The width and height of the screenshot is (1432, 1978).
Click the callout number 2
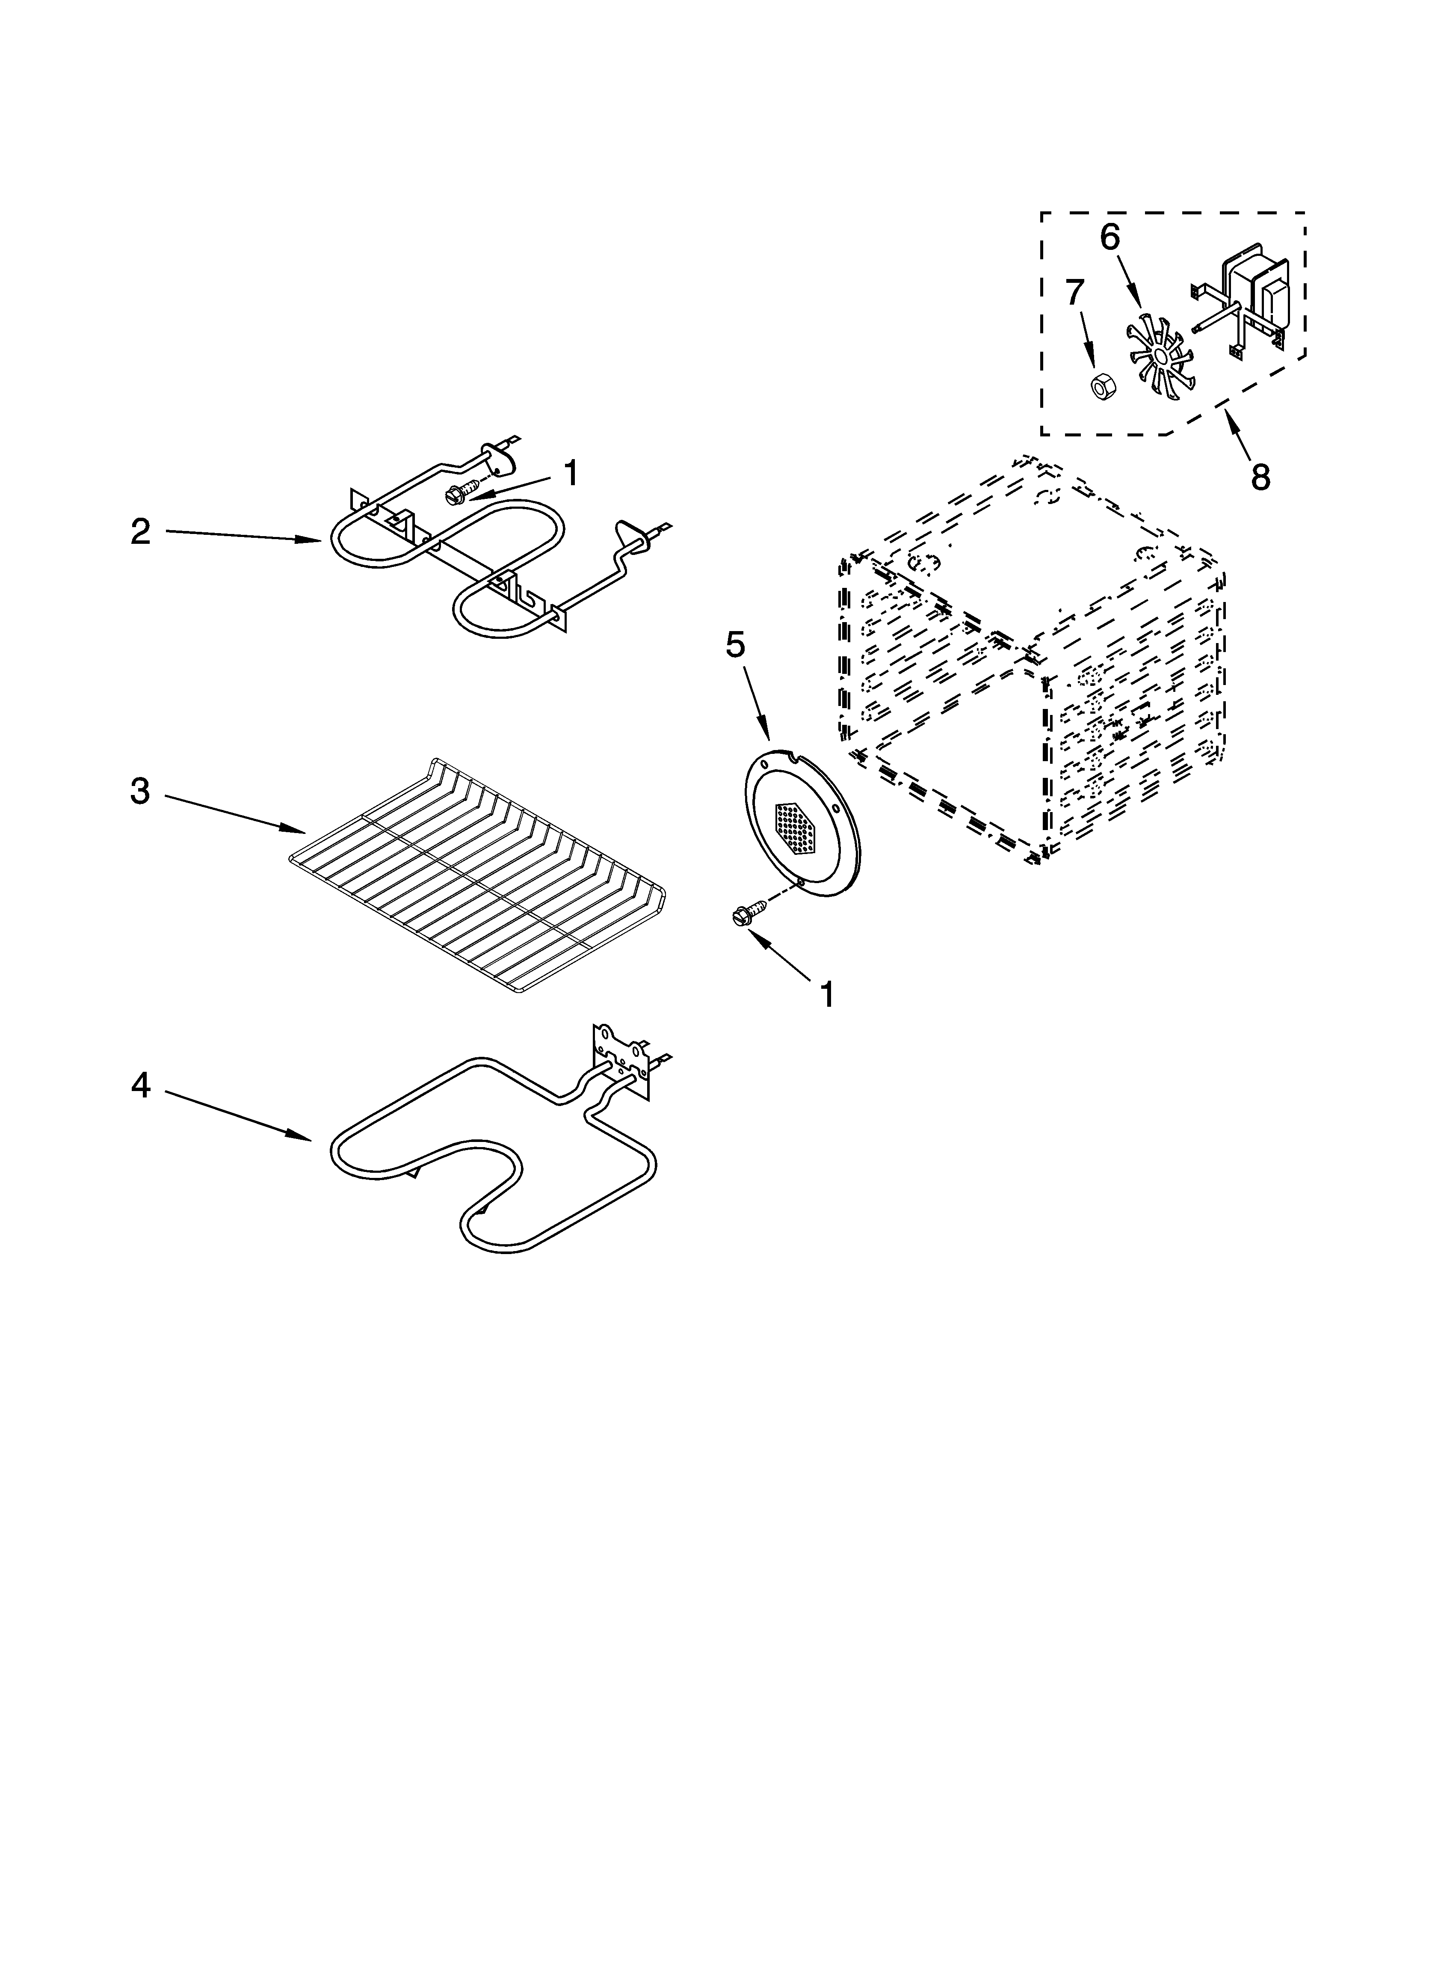point(140,532)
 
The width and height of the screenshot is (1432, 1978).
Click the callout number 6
point(1110,237)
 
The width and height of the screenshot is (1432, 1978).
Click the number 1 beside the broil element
point(570,474)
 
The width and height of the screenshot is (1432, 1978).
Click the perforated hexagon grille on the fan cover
point(796,827)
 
